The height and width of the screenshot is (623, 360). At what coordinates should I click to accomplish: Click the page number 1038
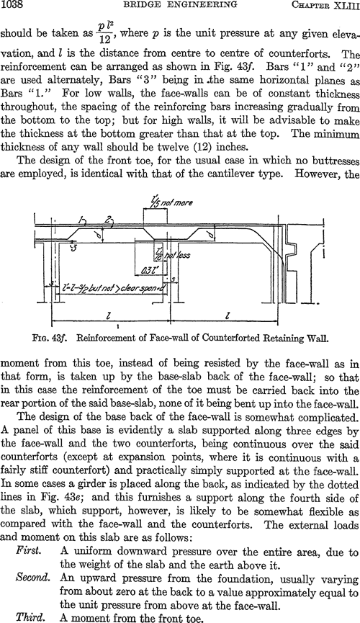point(13,5)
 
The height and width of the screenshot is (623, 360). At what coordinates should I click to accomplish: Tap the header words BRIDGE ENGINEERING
point(181,5)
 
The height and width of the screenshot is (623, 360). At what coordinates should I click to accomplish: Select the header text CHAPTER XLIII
point(325,5)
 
